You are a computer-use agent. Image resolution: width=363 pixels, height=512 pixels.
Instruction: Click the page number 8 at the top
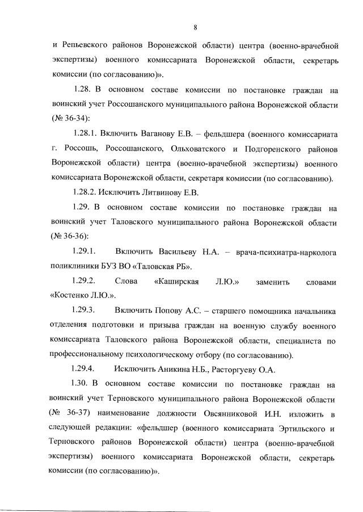pyautogui.click(x=195, y=27)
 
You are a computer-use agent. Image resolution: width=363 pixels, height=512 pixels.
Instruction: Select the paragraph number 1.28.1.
pyautogui.click(x=87, y=134)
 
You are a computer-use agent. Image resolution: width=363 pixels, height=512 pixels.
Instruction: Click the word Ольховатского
pyautogui.click(x=198, y=149)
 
